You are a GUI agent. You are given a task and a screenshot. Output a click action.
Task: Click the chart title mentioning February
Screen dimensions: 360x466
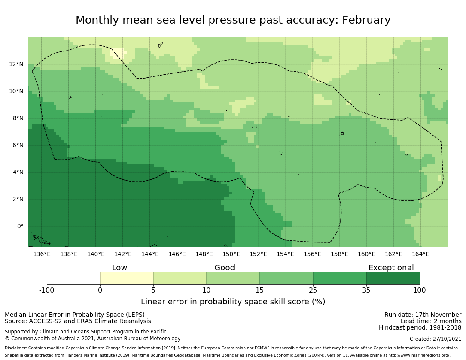(233, 20)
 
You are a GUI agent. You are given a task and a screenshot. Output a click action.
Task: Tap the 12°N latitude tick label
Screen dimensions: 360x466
(17, 64)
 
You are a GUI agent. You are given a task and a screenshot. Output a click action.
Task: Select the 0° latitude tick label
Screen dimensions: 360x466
(20, 227)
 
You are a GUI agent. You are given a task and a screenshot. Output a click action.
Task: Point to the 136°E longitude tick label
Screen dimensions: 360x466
(42, 254)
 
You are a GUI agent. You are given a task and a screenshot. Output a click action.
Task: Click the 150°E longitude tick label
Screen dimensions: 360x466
(231, 254)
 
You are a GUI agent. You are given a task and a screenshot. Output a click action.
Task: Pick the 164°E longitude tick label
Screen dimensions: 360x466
(420, 254)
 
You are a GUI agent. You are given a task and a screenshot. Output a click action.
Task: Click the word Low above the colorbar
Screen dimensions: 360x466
(119, 268)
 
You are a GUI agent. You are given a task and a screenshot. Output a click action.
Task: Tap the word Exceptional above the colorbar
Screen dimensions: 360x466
(391, 268)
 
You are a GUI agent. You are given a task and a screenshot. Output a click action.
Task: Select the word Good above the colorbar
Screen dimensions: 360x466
(225, 268)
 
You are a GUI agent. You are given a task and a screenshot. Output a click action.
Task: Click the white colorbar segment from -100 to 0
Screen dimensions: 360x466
(73, 278)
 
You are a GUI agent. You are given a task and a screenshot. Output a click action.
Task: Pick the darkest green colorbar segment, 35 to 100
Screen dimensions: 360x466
(393, 278)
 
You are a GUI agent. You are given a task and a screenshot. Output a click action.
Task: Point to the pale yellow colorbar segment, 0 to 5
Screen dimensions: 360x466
(127, 278)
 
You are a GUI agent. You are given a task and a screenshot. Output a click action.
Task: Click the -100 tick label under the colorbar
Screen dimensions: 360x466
(47, 290)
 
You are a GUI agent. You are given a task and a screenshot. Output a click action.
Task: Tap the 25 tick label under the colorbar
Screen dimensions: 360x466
(313, 290)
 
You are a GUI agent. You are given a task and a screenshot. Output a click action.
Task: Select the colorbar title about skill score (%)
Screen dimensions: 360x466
(233, 302)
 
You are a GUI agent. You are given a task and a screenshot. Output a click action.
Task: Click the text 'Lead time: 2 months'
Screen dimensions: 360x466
(431, 321)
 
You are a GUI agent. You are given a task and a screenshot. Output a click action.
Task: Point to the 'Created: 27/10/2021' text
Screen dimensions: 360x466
(436, 339)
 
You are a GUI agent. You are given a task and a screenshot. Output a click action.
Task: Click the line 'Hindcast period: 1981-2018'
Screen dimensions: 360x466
(420, 328)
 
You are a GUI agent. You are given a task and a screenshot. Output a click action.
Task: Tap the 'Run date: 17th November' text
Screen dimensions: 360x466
(423, 315)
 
